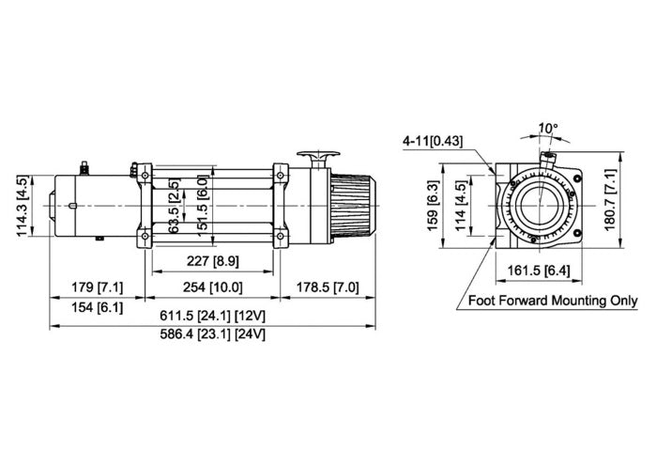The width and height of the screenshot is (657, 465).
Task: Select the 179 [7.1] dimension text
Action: [96, 287]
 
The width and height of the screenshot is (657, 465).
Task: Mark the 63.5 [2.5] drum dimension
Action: [174, 209]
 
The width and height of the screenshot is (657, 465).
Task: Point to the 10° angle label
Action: [548, 128]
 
